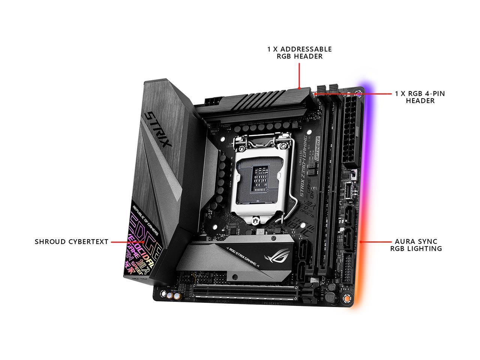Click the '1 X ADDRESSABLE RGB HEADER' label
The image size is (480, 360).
pos(299,52)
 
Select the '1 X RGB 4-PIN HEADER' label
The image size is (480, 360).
pos(420,97)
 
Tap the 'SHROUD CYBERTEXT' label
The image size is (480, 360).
pos(71,242)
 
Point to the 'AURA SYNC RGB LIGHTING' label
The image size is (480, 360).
pos(416,245)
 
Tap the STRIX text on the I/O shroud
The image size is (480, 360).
pos(159,129)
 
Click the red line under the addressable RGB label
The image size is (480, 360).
pos(299,75)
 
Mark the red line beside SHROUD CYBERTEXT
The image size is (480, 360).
pos(127,242)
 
